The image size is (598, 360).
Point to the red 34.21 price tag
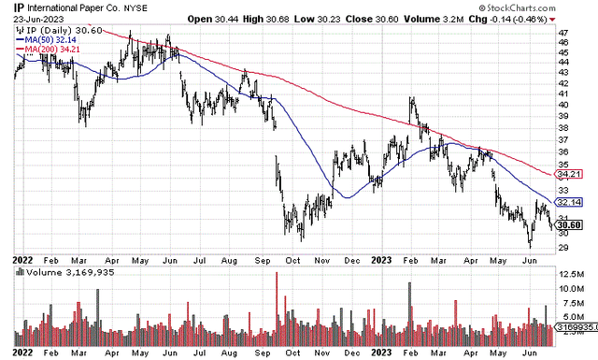569,174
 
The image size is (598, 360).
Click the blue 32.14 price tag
569,201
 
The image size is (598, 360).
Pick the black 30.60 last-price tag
569,223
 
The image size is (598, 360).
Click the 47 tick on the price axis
562,33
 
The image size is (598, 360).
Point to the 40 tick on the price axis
562,104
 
